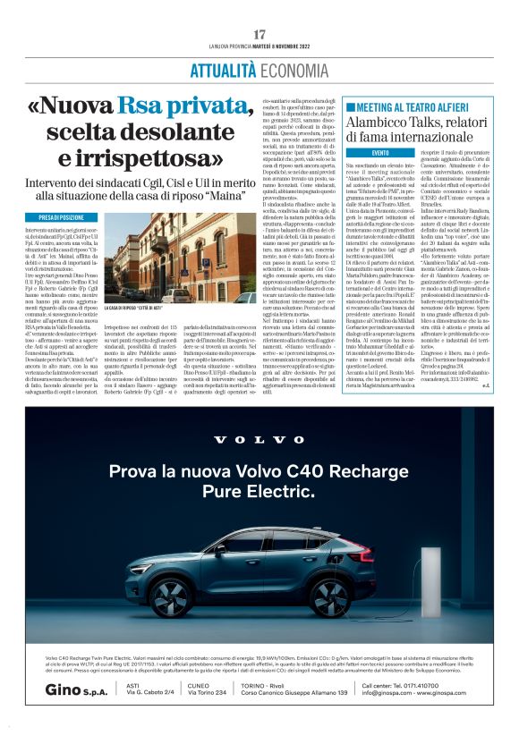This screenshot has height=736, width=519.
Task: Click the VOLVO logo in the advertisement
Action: coord(259,439)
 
